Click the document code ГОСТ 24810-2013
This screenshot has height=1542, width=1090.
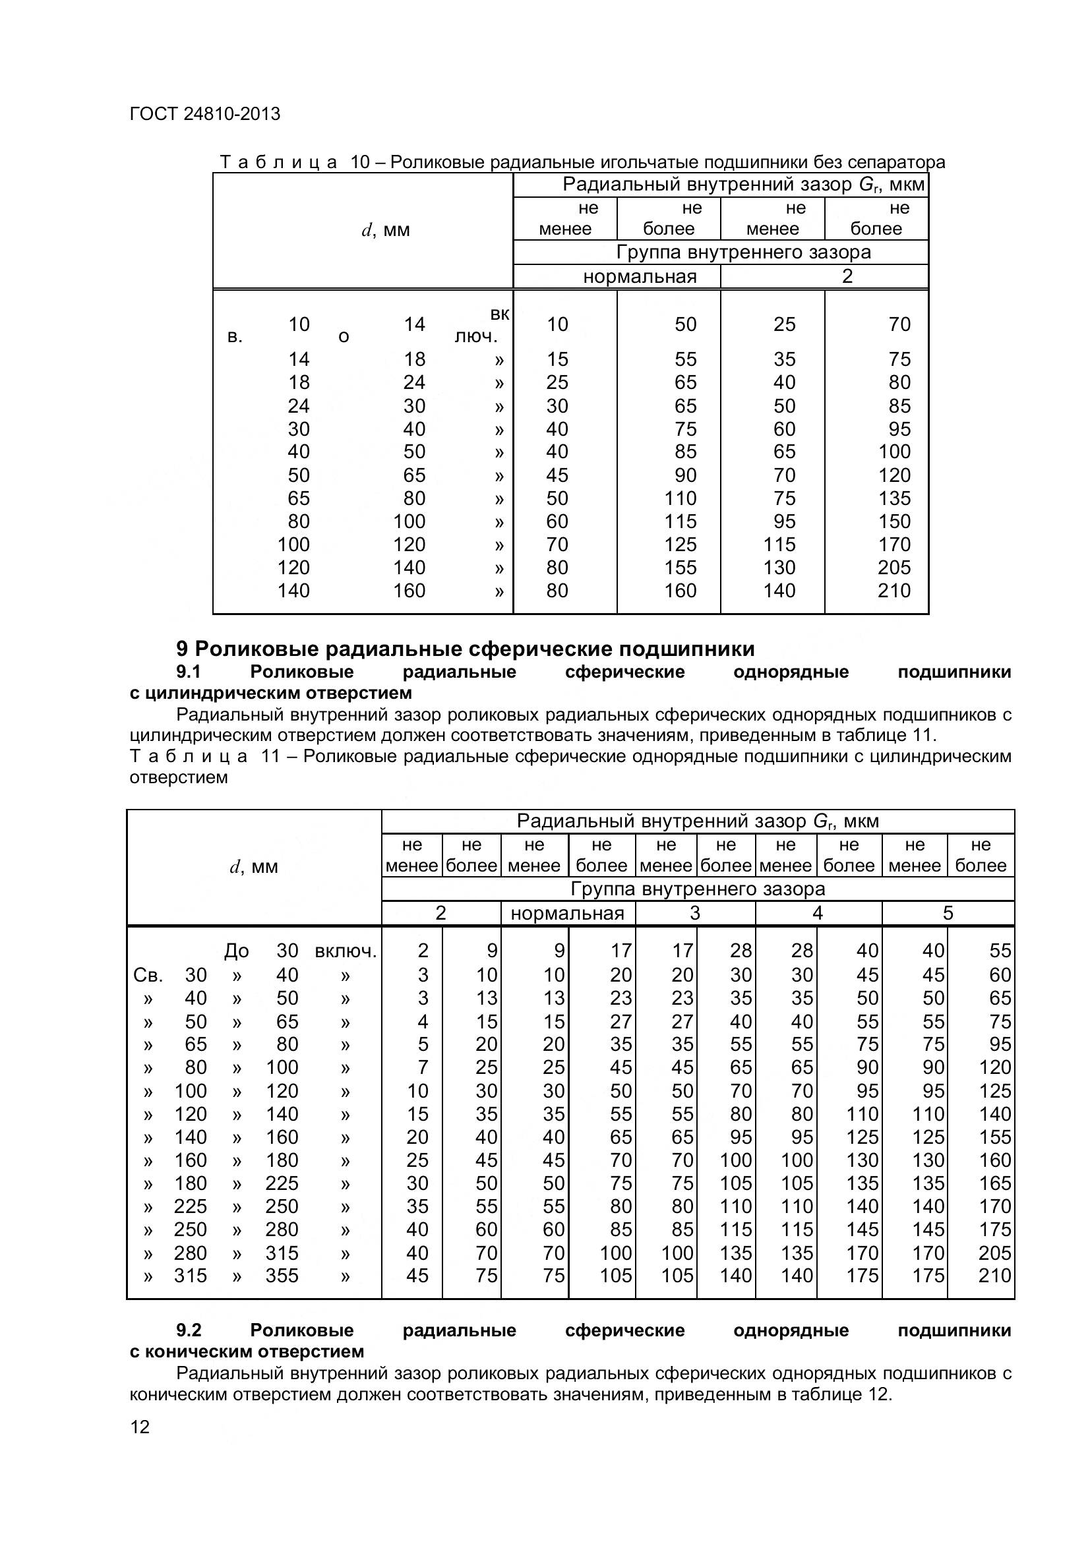pos(204,114)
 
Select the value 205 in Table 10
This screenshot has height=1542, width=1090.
pos(894,568)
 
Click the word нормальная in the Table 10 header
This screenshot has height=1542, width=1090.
pos(640,277)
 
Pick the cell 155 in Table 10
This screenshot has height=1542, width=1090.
pos(681,568)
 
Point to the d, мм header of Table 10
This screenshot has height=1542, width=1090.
pos(386,230)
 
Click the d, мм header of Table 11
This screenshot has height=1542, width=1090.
pos(253,867)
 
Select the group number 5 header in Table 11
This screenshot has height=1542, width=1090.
pos(948,913)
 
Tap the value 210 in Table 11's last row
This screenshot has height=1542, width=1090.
pos(994,1276)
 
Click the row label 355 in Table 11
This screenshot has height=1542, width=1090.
pos(282,1276)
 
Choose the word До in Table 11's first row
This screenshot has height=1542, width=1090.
pos(237,951)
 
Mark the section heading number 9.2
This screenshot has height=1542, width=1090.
pos(189,1330)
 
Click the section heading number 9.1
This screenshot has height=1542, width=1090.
pos(189,672)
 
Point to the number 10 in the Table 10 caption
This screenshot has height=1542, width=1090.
pos(360,162)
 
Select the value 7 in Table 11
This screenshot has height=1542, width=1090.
pos(423,1067)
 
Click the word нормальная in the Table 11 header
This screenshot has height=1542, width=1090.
pos(568,913)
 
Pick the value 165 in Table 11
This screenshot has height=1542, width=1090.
pos(994,1183)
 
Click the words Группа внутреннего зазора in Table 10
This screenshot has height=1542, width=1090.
pos(743,252)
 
